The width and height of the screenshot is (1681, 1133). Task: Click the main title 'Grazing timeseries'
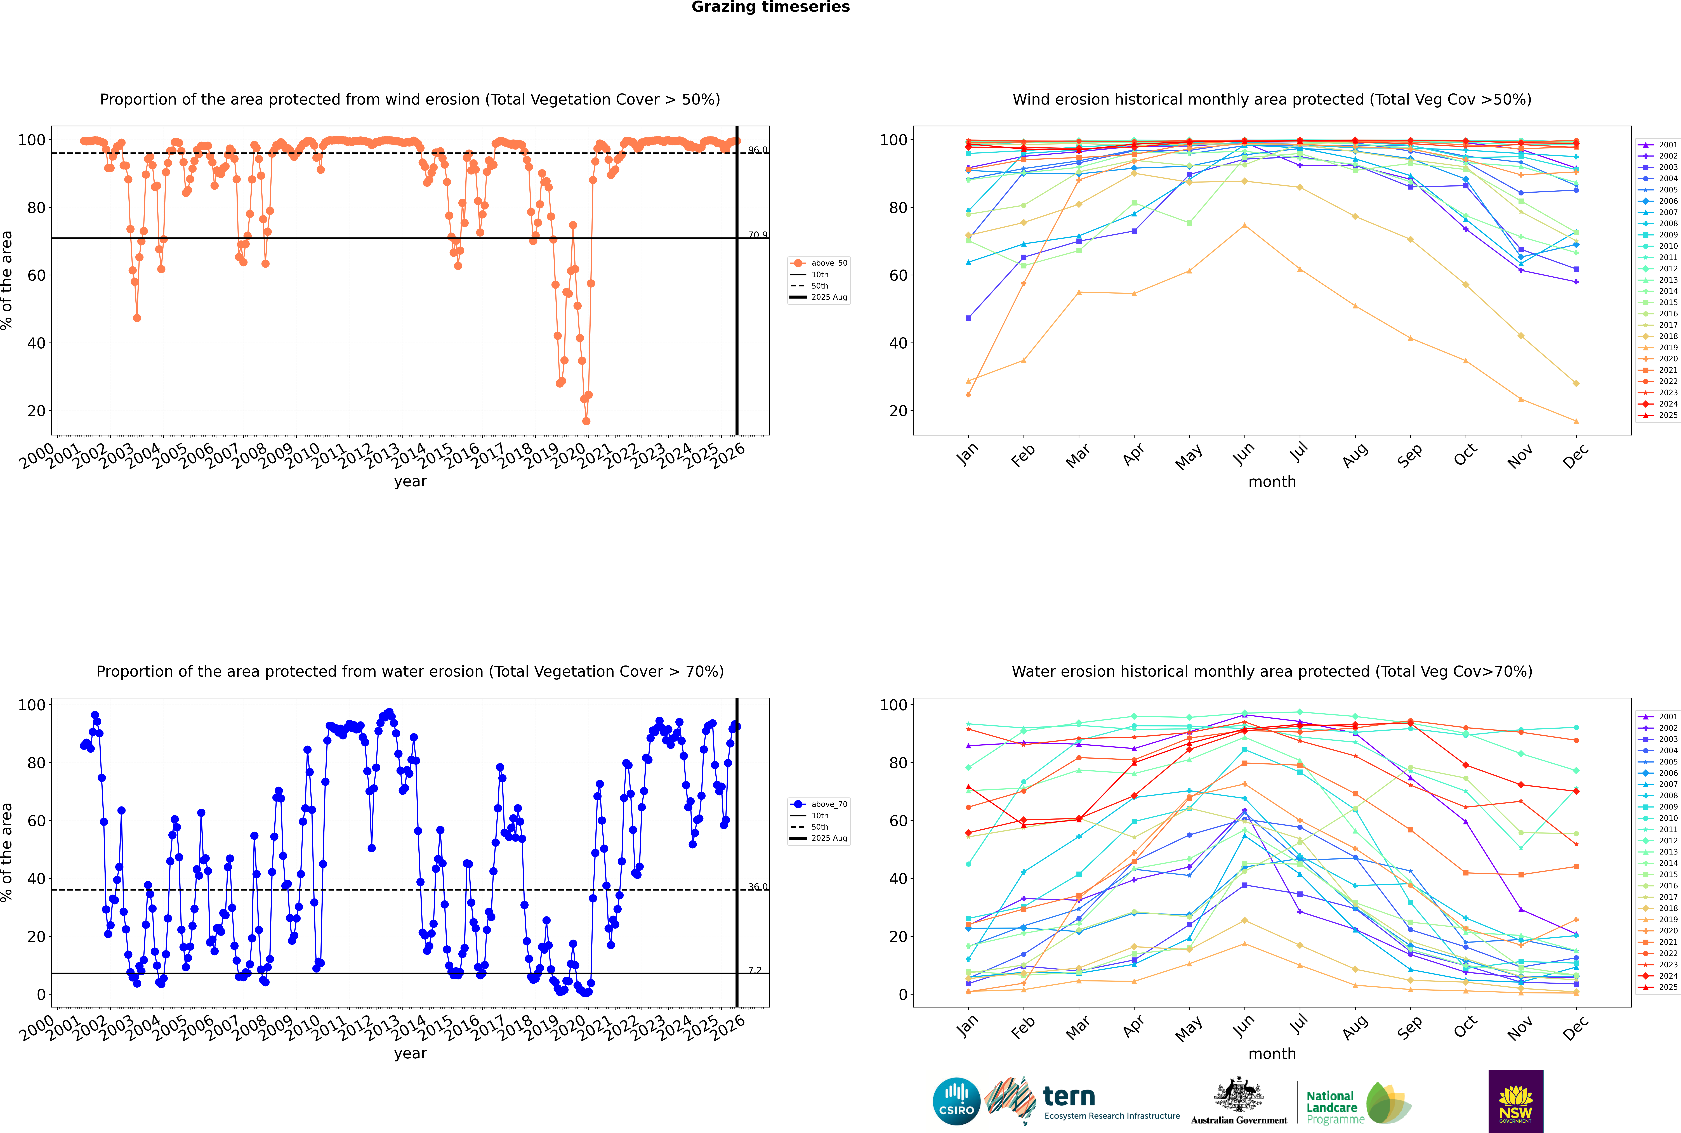(770, 7)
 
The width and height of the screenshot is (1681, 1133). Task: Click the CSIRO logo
(956, 1101)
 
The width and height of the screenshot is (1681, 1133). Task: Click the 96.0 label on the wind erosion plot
(757, 150)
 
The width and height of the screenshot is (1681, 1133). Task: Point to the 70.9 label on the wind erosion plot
(757, 235)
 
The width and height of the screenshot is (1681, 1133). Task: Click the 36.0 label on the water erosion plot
(757, 887)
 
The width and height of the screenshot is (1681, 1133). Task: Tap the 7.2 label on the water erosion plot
(755, 970)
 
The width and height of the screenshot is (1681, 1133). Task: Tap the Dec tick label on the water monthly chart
(1576, 1028)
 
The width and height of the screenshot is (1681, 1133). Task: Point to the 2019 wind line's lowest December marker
(1576, 421)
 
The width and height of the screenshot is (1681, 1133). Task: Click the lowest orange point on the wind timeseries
(586, 421)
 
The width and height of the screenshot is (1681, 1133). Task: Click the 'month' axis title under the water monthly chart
(1272, 1054)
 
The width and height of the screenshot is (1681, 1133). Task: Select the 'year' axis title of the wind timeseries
(411, 481)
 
